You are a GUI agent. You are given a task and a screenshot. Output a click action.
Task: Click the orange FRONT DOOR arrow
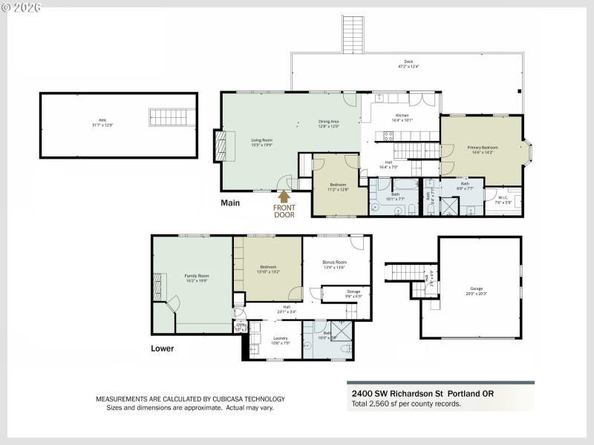(x=283, y=197)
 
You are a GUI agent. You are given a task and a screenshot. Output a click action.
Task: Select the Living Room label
(x=261, y=141)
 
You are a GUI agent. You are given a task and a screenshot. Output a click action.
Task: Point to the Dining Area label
(x=329, y=123)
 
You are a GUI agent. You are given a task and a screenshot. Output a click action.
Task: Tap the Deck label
(x=408, y=64)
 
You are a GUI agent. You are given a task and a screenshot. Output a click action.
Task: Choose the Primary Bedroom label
(x=483, y=149)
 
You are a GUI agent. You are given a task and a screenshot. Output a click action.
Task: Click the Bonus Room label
(x=335, y=264)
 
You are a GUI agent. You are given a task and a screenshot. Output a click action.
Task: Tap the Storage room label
(x=353, y=293)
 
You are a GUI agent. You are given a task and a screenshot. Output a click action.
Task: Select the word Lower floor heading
(x=163, y=348)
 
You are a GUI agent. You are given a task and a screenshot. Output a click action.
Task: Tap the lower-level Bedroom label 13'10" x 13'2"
(x=268, y=268)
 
